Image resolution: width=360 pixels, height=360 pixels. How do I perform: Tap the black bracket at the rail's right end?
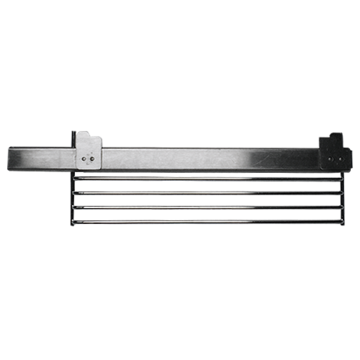(333, 153)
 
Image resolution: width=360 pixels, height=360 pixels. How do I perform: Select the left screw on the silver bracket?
(84, 155)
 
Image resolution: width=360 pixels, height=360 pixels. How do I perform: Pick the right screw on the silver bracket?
(94, 156)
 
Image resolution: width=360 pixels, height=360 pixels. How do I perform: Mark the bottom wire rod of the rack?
(200, 218)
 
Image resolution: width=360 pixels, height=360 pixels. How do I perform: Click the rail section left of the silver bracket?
(40, 156)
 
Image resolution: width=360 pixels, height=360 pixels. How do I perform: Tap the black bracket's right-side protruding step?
(349, 157)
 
